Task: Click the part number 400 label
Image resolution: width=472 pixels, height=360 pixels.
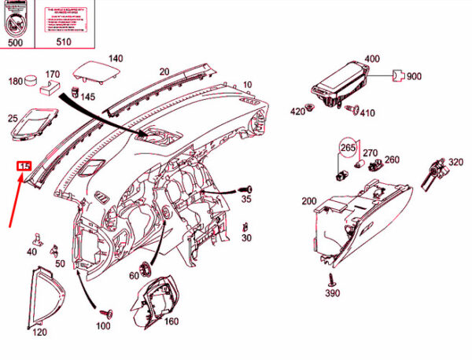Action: click(371, 59)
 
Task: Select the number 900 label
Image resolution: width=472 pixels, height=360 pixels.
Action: click(415, 76)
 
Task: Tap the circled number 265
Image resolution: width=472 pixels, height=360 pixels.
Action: click(348, 148)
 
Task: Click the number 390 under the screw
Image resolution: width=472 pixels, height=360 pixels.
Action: click(331, 293)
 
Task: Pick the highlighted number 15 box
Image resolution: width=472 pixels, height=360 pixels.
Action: click(24, 166)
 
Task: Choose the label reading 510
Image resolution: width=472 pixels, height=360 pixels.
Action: click(64, 42)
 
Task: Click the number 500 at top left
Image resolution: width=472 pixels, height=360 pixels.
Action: click(15, 42)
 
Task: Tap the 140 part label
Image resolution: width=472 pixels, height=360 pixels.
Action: click(116, 58)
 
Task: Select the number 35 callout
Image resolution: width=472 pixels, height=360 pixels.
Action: click(245, 200)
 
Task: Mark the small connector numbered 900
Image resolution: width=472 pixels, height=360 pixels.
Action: click(398, 75)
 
